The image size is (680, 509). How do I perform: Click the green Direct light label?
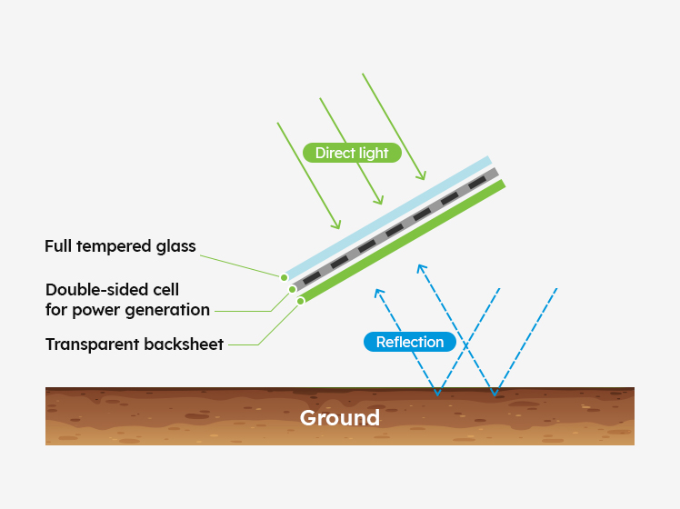coord(352,153)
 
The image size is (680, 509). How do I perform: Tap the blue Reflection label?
coord(410,342)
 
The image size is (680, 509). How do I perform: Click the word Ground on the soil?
coord(340,418)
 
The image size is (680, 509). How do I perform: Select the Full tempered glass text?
coord(120,246)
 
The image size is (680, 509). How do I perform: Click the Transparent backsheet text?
coord(135,344)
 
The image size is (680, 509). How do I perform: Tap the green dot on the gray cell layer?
coord(293,289)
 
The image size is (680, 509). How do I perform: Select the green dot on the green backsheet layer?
coord(301,301)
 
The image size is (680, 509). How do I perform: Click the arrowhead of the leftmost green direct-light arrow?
coord(338,226)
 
